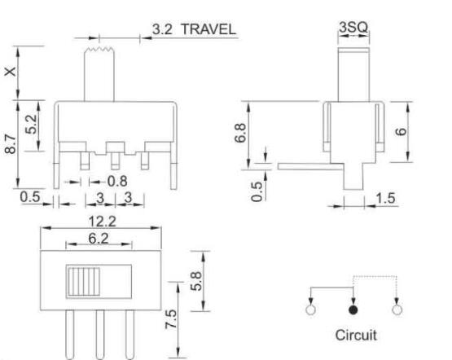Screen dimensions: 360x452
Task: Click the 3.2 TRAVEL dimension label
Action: click(194, 29)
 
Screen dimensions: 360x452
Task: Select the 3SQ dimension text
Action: click(353, 28)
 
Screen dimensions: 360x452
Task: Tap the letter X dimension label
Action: click(9, 72)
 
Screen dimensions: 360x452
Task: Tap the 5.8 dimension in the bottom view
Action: click(195, 278)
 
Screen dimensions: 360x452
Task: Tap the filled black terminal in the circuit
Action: click(353, 310)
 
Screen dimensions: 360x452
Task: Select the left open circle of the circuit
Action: click(310, 310)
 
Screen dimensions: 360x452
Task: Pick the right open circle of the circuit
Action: click(397, 310)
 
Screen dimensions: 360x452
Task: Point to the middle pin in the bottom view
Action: click(99, 334)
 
